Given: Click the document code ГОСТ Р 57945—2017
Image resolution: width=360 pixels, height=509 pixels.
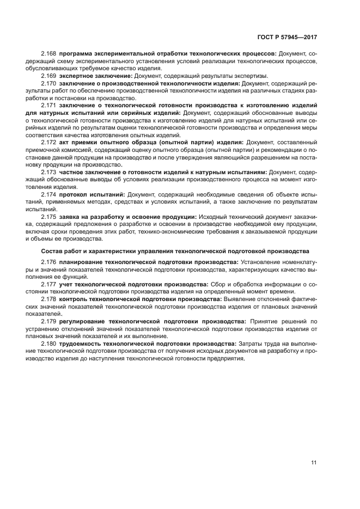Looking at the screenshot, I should (x=287, y=37).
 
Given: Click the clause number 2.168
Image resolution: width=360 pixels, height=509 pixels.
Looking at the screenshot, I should (x=49, y=54).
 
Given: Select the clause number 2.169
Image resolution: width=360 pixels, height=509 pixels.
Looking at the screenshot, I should (x=49, y=76).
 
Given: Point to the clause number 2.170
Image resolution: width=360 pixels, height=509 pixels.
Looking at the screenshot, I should (x=49, y=83).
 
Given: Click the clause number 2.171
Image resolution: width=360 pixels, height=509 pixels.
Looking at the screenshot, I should (x=49, y=105).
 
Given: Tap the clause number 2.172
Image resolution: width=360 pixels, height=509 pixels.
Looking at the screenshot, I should (x=49, y=142).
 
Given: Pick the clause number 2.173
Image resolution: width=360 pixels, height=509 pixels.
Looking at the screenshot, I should (x=49, y=171).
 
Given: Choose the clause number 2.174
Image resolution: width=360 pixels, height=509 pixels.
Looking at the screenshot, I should (x=49, y=194).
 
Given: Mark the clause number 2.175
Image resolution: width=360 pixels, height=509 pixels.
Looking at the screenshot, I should (x=49, y=216).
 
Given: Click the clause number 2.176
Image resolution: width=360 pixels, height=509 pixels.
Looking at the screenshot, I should (x=49, y=262).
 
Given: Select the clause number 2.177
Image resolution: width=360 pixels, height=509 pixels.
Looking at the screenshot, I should (x=49, y=284).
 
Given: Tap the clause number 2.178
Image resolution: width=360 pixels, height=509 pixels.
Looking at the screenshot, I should (x=49, y=299).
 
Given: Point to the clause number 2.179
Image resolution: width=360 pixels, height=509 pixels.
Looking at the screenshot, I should (x=49, y=321).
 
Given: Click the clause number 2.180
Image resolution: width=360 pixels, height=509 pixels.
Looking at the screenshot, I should (x=49, y=344).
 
